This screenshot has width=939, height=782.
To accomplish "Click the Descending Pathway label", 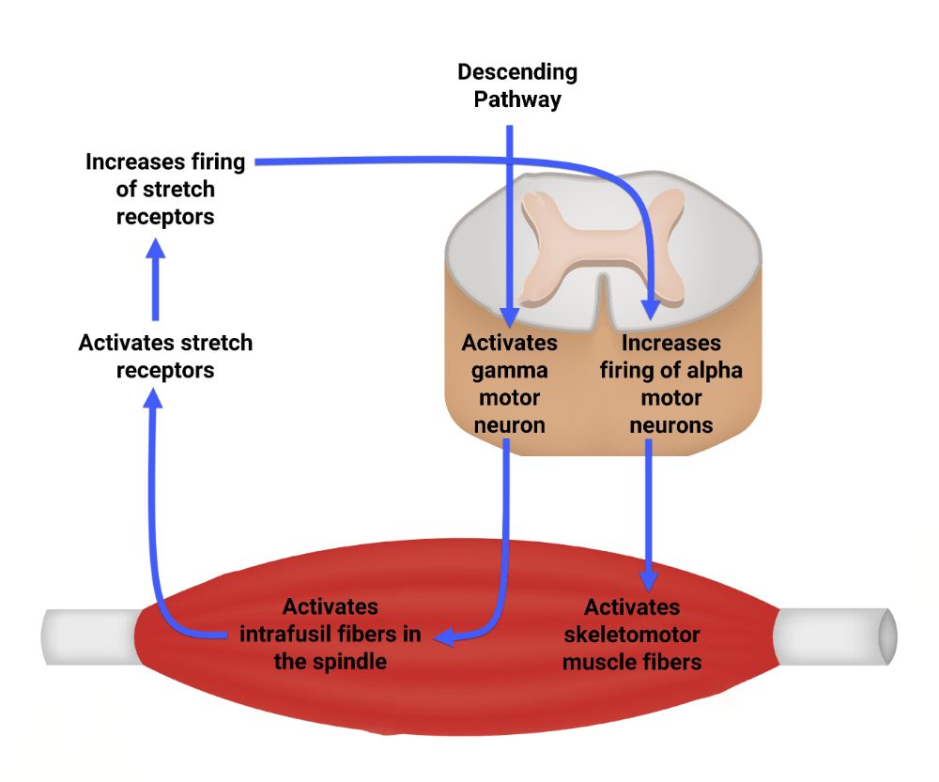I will [x=517, y=85].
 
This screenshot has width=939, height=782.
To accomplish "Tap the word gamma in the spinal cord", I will [x=509, y=370].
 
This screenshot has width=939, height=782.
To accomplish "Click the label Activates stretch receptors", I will [x=165, y=356].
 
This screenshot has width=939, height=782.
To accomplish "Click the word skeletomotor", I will [x=631, y=635].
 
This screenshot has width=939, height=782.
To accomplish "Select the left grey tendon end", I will [x=89, y=636].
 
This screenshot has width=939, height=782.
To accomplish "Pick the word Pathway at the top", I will [x=517, y=100].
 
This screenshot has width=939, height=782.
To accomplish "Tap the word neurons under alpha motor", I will [x=670, y=424].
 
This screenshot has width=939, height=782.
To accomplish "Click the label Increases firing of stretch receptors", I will [x=165, y=189].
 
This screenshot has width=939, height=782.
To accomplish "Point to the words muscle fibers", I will [x=631, y=662].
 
